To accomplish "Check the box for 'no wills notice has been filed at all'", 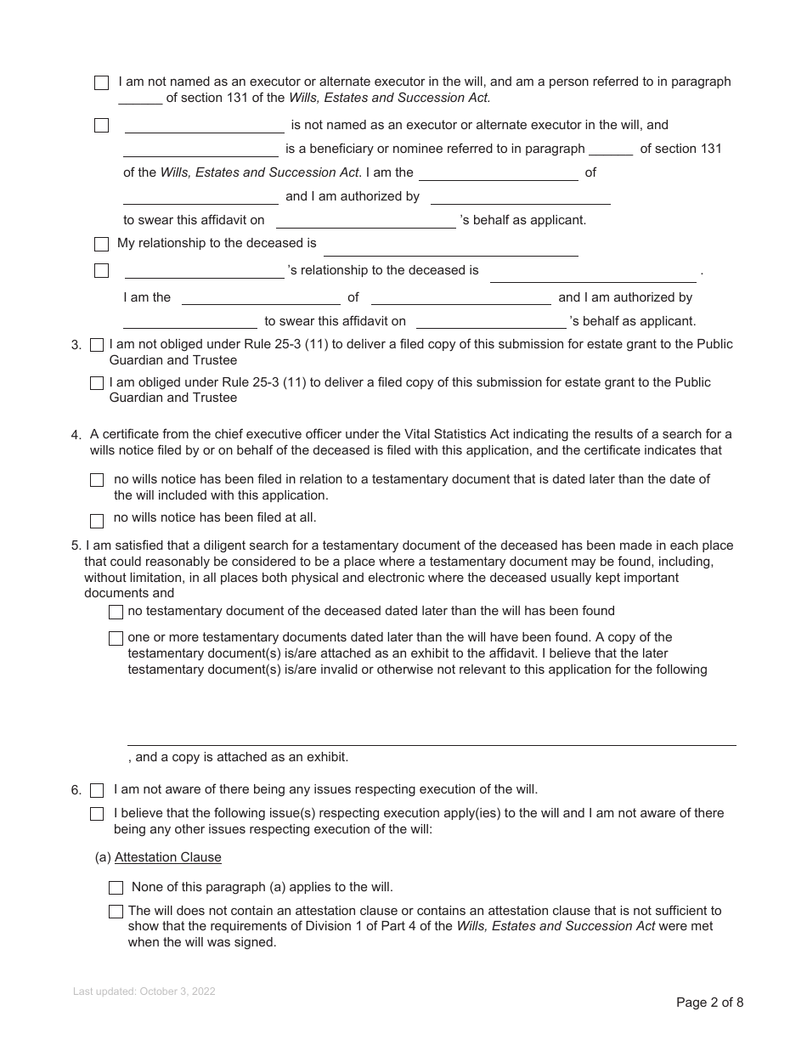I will coord(97,521).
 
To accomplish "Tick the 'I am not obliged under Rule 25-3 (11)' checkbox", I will coord(97,345).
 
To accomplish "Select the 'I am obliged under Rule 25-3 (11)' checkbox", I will coord(97,383).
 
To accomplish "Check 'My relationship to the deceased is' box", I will coord(101,245).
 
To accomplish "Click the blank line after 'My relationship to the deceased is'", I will coord(450,249).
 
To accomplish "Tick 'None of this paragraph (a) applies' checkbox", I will coord(116,888).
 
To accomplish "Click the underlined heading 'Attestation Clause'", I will coord(167,857).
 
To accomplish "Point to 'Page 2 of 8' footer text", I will coord(709,1003).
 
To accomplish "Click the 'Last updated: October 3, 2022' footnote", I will coord(144,991).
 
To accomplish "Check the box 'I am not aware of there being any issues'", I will coord(97,790).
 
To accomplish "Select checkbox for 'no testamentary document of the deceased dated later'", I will coord(116,613).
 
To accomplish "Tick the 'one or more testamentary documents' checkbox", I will coord(116,638).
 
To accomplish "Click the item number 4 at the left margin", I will coord(76,435).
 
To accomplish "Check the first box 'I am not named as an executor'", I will coord(101,83).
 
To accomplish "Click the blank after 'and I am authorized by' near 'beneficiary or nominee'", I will coord(520,199).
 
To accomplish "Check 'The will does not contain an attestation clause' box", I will coord(116,912).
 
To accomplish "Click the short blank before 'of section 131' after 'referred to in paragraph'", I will coord(610,150).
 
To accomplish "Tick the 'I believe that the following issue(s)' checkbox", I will coord(97,814).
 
